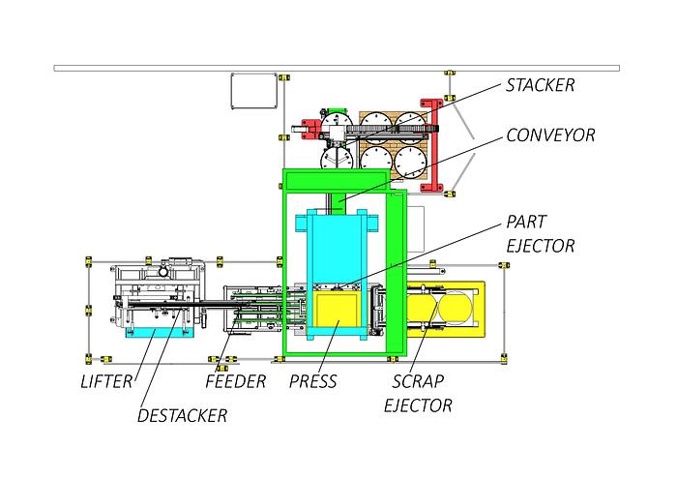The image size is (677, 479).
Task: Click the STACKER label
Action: tap(540, 85)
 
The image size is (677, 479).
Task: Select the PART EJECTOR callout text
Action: tap(540, 234)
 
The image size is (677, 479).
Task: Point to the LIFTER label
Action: tap(106, 381)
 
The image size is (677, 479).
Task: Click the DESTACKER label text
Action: tap(182, 415)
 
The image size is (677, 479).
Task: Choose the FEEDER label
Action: tap(235, 381)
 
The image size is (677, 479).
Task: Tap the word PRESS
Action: tap(313, 381)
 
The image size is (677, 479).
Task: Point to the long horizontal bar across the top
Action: tap(338, 68)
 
